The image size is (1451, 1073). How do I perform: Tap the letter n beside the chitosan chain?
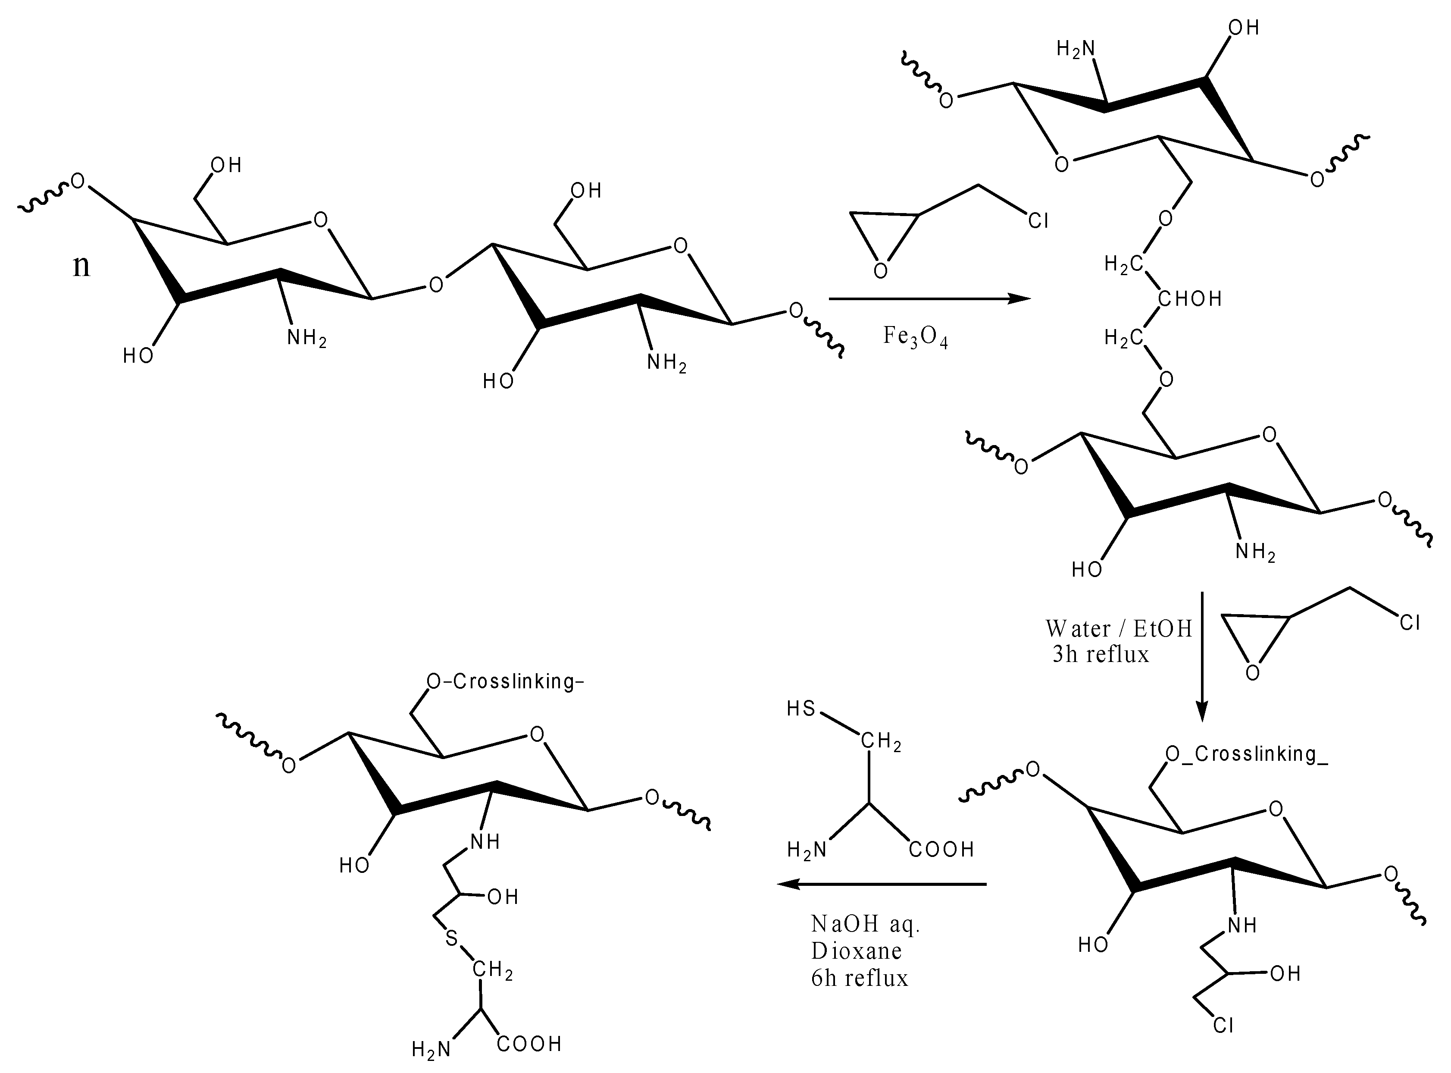81,266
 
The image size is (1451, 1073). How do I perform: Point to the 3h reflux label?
1101,654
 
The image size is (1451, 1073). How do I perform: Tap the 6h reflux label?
860,978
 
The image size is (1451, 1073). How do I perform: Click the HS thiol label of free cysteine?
801,708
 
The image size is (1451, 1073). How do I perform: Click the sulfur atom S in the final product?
451,938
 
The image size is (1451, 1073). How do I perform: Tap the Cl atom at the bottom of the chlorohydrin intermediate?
1223,1025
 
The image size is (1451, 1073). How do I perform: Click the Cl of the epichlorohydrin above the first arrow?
1038,222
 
